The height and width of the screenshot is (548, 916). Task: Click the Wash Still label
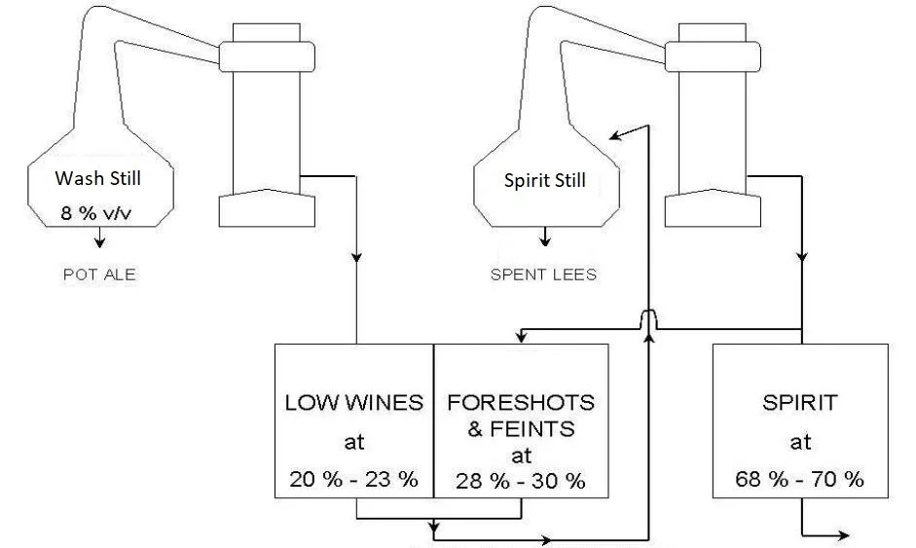click(98, 179)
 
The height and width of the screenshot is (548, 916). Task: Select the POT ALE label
click(98, 274)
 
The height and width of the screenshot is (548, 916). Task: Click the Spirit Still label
click(545, 180)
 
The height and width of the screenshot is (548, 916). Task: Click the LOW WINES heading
click(354, 402)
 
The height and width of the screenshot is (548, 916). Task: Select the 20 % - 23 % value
click(353, 479)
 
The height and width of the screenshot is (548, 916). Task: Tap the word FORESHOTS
click(521, 402)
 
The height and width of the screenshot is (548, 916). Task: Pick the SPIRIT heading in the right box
click(800, 402)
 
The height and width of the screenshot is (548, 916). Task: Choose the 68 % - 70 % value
click(800, 479)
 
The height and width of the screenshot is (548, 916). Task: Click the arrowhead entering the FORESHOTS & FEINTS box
click(523, 338)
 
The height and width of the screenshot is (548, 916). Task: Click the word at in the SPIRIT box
click(800, 442)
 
